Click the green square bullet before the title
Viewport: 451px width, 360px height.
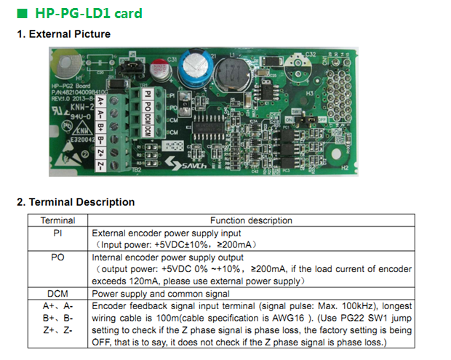22,13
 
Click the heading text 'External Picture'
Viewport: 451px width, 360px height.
70,34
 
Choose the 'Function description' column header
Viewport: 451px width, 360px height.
251,220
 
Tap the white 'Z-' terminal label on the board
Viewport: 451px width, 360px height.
100,165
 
